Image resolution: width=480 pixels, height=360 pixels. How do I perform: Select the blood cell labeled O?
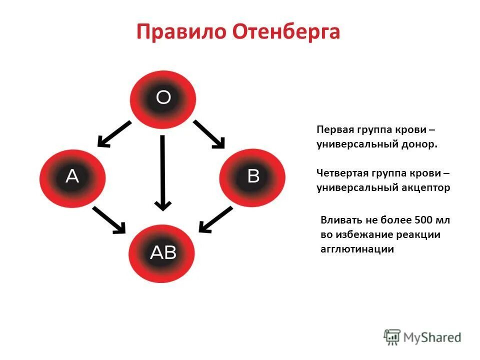pos(163,98)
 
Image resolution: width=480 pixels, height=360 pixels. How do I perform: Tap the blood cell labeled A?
pos(72,176)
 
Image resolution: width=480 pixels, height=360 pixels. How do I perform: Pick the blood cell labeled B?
pos(253,176)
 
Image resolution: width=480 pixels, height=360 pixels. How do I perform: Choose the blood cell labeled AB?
pos(163,253)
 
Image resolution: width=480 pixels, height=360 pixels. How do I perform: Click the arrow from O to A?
pos(114,133)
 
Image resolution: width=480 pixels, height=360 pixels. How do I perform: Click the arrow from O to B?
pos(209,134)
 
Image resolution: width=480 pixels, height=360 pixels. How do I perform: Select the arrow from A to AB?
pos(108,220)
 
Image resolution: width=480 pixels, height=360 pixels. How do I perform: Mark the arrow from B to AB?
pos(216,219)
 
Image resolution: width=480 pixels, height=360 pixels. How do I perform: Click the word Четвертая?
pos(342,173)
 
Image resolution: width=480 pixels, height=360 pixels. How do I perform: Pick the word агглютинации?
pos(357,249)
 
